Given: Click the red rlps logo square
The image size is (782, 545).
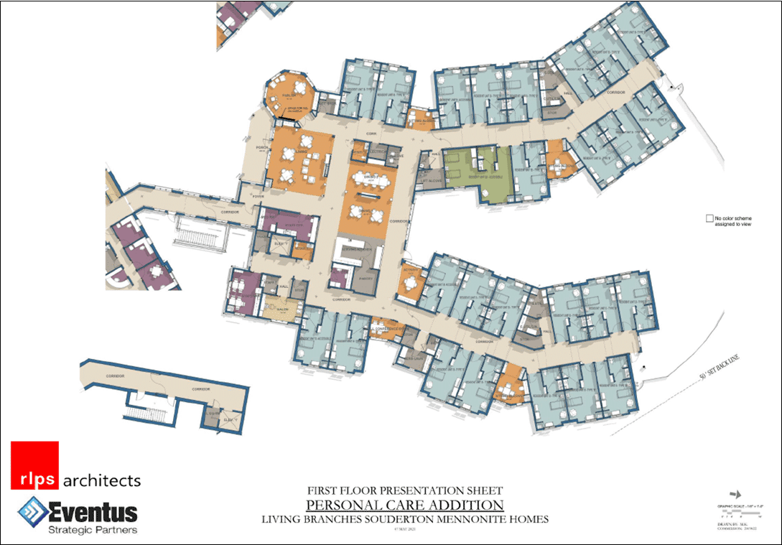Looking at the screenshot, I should [34, 466].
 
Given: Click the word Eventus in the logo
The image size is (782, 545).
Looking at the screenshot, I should [93, 513].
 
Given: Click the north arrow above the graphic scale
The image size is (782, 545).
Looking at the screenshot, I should [733, 495].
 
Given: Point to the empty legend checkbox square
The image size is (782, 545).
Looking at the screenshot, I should [709, 218].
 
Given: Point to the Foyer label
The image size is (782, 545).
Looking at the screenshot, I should [258, 196].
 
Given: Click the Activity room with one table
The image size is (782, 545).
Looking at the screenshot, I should [410, 282].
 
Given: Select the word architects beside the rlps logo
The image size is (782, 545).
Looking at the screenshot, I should [102, 480].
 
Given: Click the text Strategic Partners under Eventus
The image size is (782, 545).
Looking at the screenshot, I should [93, 530].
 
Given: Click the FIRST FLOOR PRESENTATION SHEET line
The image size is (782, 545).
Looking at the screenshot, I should [400, 491].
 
